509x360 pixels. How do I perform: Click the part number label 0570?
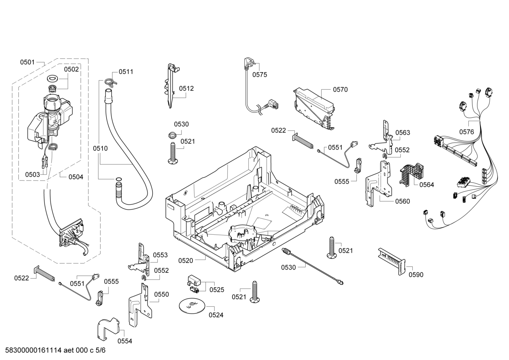pos(340,90)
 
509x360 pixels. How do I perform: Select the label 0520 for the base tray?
pos(185,261)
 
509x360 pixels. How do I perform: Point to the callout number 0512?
pos(186,88)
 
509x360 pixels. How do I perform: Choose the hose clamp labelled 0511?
pos(111,82)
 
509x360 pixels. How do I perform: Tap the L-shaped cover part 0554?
pos(108,329)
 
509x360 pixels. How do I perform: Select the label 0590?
pos(416,275)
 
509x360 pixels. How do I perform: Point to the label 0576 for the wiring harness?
pos(467,132)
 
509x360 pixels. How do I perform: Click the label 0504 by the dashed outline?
pos(76,177)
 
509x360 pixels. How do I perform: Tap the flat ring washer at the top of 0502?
pos(53,79)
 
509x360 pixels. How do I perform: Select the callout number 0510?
pos(100,148)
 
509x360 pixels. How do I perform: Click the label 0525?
pos(217,290)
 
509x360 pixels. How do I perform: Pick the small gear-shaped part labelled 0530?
pos(173,136)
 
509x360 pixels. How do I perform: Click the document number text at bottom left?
pos(55,350)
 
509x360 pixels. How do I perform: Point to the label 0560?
pos(403,201)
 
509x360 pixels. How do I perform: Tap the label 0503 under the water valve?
pos(32,175)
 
